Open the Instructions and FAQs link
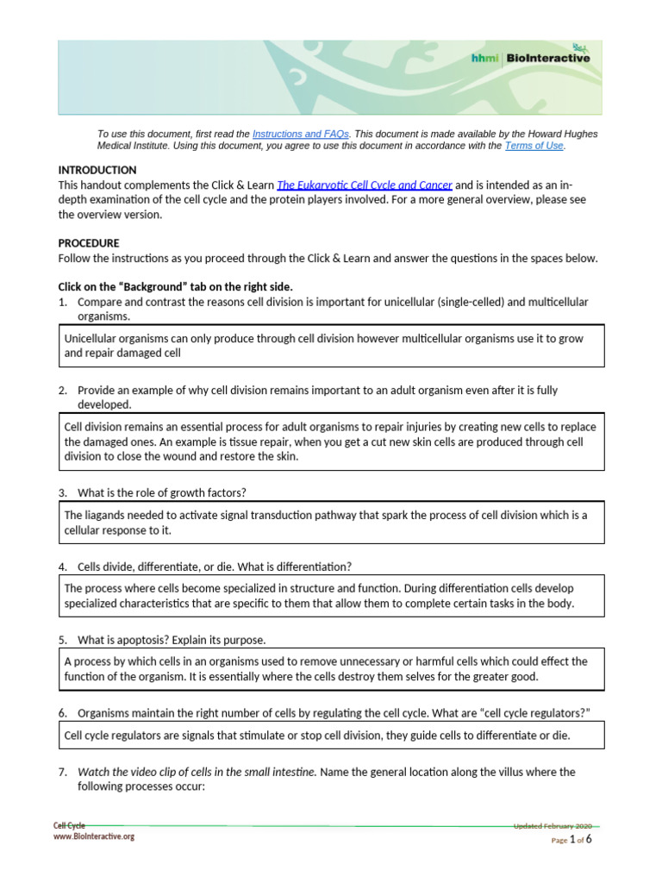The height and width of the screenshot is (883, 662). pos(300,135)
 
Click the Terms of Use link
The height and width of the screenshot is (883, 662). pos(534,147)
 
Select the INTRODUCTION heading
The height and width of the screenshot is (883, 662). pos(97,170)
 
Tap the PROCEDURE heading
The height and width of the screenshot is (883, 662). pos(89,243)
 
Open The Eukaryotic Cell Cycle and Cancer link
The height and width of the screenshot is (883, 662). pos(364,185)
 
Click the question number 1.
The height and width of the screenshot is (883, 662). pos(63,302)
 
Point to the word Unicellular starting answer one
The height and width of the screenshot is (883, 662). pos(92,339)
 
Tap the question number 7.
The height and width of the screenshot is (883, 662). pos(63,772)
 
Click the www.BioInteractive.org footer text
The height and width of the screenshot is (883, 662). pos(94,836)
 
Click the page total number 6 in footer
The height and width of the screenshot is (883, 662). pos(589,839)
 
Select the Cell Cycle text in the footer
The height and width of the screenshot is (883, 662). pos(70,826)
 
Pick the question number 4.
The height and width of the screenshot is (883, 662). pos(63,567)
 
